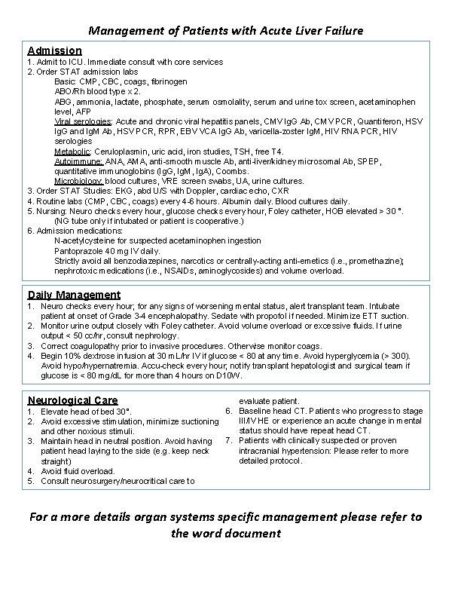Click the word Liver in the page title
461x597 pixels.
pos(307,31)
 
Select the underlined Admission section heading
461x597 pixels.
pos(55,51)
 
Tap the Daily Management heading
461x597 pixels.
pos(74,294)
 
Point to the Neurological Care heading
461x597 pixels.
pos(72,400)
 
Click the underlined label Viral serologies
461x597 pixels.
pos(83,121)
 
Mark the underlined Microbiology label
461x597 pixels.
pos(79,181)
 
